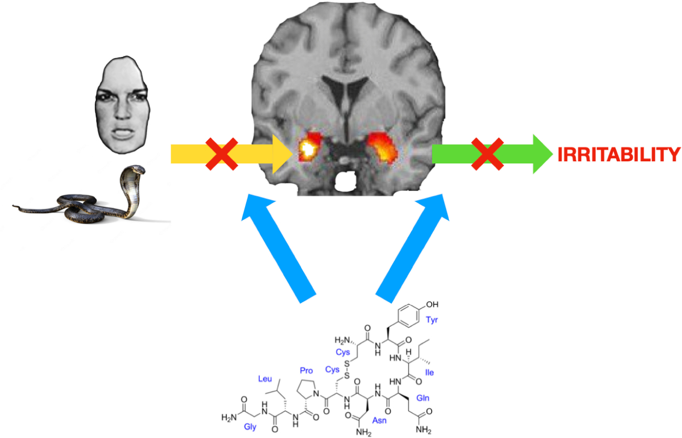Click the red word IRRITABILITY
click(x=619, y=155)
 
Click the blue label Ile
click(x=430, y=372)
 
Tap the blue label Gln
click(x=423, y=398)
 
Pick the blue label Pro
click(x=306, y=370)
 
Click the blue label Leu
click(x=266, y=378)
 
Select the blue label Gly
click(x=250, y=426)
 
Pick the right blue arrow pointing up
click(x=414, y=246)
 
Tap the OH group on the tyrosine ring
click(x=433, y=304)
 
